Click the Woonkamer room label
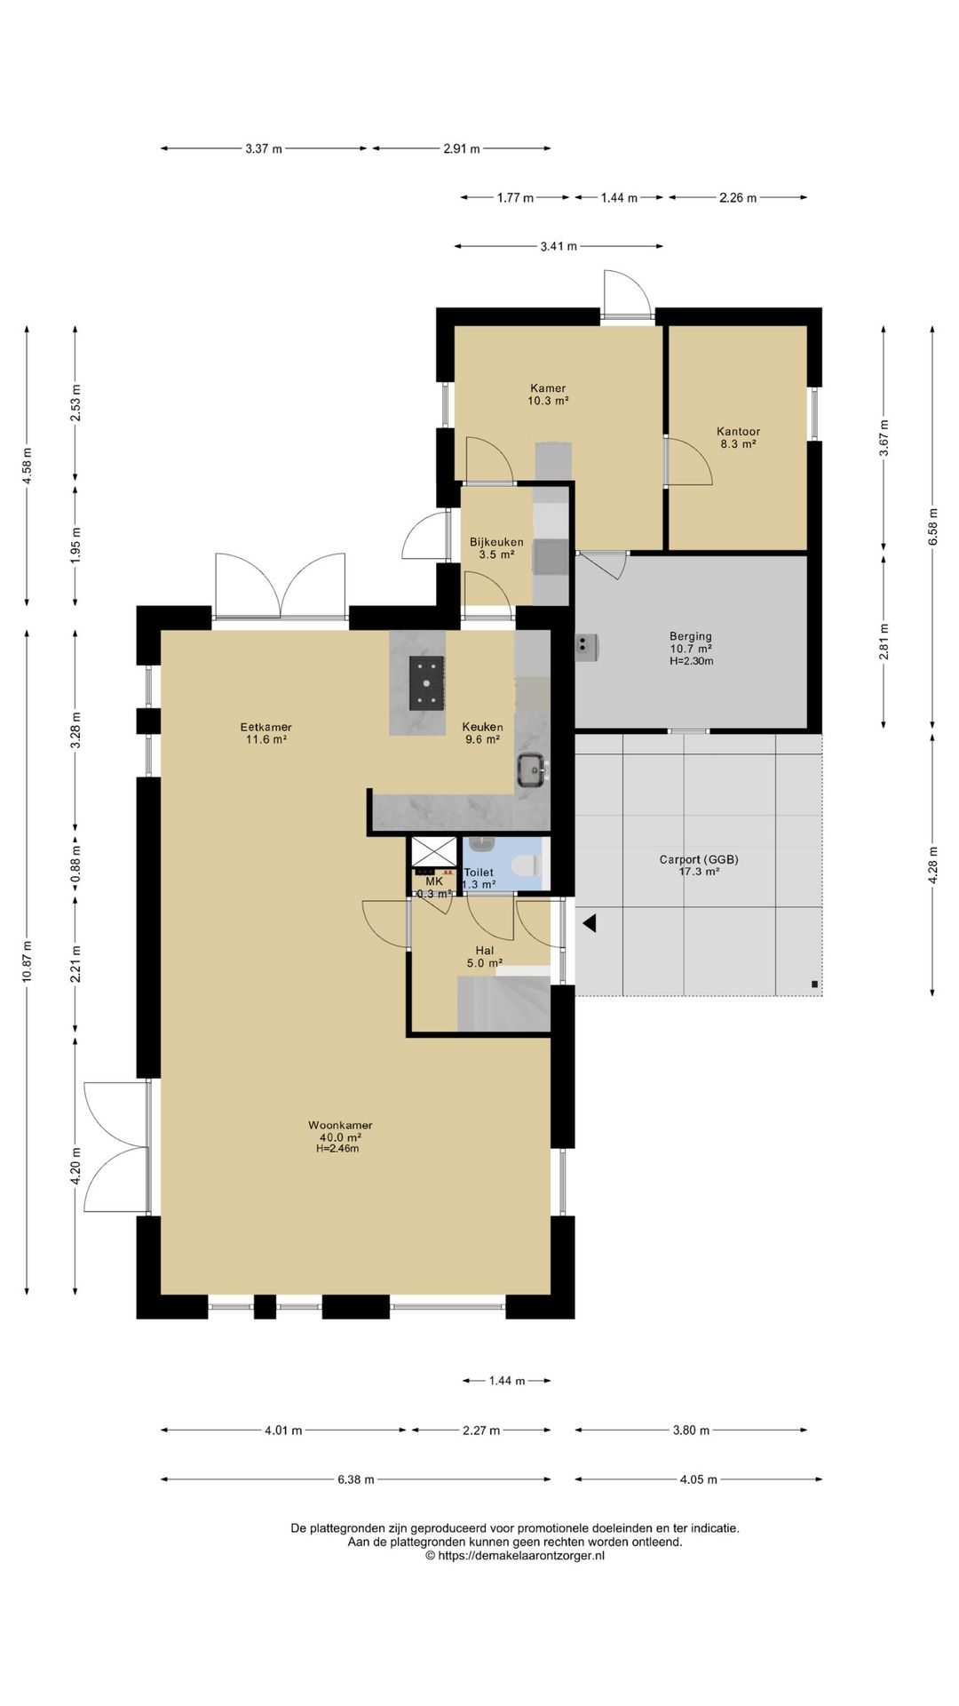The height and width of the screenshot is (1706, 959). (x=340, y=1125)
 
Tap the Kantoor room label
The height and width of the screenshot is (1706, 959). (x=739, y=432)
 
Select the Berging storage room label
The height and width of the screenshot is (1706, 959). (x=691, y=636)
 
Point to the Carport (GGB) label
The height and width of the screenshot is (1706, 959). (x=699, y=859)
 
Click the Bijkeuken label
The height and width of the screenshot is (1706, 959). (x=496, y=542)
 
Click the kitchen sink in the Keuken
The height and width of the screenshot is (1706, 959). (x=531, y=769)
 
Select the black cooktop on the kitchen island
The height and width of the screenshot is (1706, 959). (x=426, y=682)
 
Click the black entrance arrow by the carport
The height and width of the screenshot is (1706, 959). (x=589, y=924)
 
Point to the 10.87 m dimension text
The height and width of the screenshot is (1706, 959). (x=28, y=961)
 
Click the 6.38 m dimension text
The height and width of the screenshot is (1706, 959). (x=355, y=1479)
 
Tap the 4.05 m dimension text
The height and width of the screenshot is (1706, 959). (x=698, y=1479)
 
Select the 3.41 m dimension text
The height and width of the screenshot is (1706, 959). (x=559, y=246)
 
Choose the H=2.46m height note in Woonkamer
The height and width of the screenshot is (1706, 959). (x=337, y=1148)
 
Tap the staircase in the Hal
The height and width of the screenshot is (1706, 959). (x=503, y=1003)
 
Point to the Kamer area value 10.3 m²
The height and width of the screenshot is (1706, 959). (x=548, y=401)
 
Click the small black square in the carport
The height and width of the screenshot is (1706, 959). (x=814, y=984)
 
